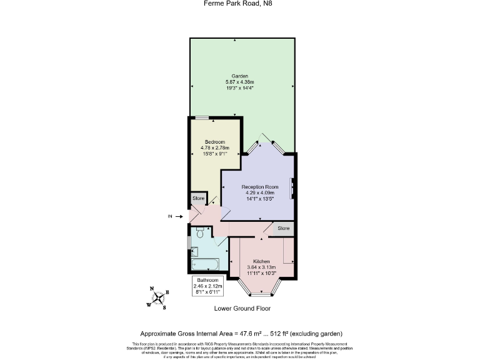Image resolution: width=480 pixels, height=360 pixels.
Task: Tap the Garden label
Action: [x=240, y=76]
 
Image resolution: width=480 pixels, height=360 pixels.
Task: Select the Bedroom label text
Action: [x=215, y=142]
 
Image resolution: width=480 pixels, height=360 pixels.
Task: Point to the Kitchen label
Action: [x=261, y=261]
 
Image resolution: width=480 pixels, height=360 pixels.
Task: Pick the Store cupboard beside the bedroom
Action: [x=198, y=198]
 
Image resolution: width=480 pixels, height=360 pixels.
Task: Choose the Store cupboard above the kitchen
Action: [x=284, y=229]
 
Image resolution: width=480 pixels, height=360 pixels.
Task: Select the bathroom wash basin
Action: [x=194, y=251]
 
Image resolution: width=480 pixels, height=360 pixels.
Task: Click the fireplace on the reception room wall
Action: [x=291, y=189]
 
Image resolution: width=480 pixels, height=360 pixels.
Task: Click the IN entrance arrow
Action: [x=179, y=217]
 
